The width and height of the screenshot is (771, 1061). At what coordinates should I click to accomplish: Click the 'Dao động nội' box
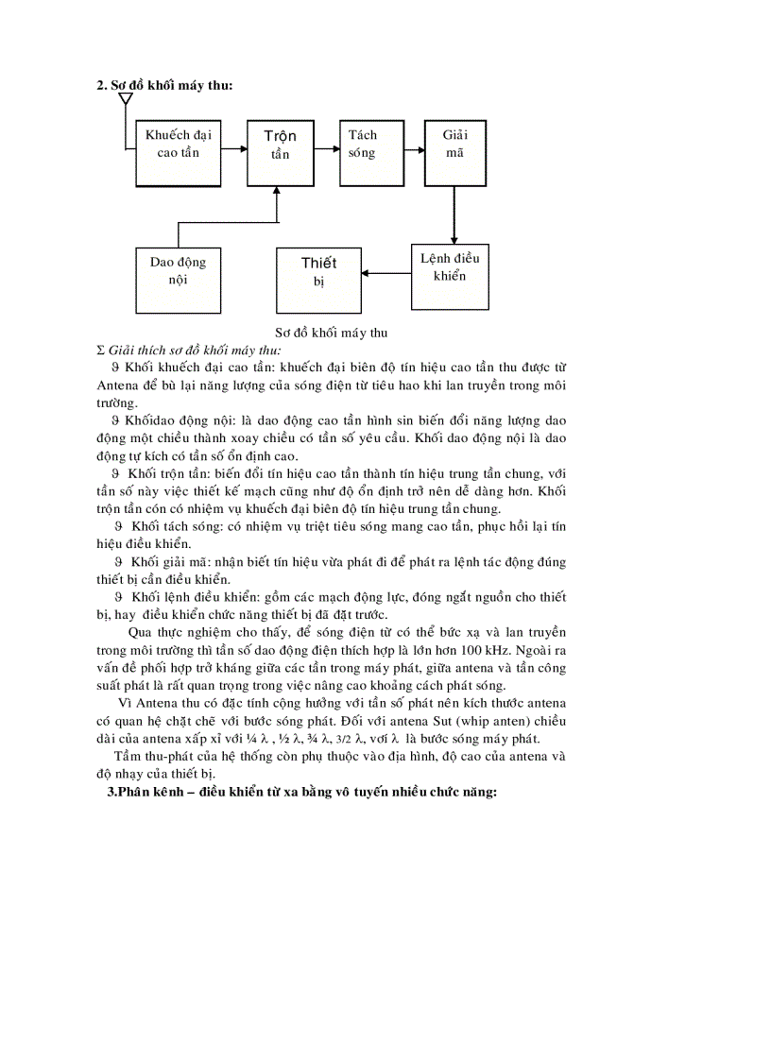click(x=178, y=271)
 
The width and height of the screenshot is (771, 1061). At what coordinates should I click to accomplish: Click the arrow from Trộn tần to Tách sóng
click(x=326, y=148)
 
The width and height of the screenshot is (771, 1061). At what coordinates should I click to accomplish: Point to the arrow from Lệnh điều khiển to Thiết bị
click(x=385, y=275)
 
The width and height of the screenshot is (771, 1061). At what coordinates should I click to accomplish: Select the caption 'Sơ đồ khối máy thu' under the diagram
click(x=332, y=333)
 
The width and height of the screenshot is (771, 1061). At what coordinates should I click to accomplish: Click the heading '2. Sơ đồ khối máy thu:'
click(x=164, y=85)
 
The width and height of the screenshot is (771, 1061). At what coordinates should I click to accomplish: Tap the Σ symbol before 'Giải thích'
click(x=101, y=350)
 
